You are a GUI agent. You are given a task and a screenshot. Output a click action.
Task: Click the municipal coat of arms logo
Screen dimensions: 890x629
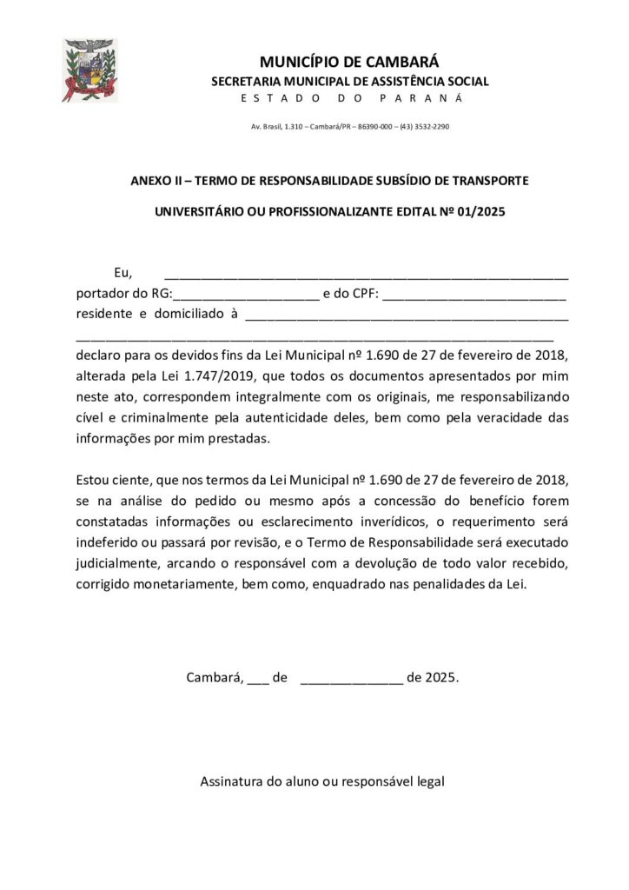pos(90,70)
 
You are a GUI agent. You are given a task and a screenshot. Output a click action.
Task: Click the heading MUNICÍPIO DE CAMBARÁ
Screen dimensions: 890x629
pos(350,62)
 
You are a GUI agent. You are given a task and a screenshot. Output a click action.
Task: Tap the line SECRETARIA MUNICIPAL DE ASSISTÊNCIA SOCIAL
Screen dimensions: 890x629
pos(350,82)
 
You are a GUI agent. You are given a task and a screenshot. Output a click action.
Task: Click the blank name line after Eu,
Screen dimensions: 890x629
pos(366,275)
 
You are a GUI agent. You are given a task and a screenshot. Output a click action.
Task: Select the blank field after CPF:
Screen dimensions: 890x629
pos(474,295)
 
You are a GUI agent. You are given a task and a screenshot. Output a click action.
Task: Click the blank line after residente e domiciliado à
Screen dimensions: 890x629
pos(407,315)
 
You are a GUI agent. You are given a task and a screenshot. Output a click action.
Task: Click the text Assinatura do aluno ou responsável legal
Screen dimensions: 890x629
pos(322,781)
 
